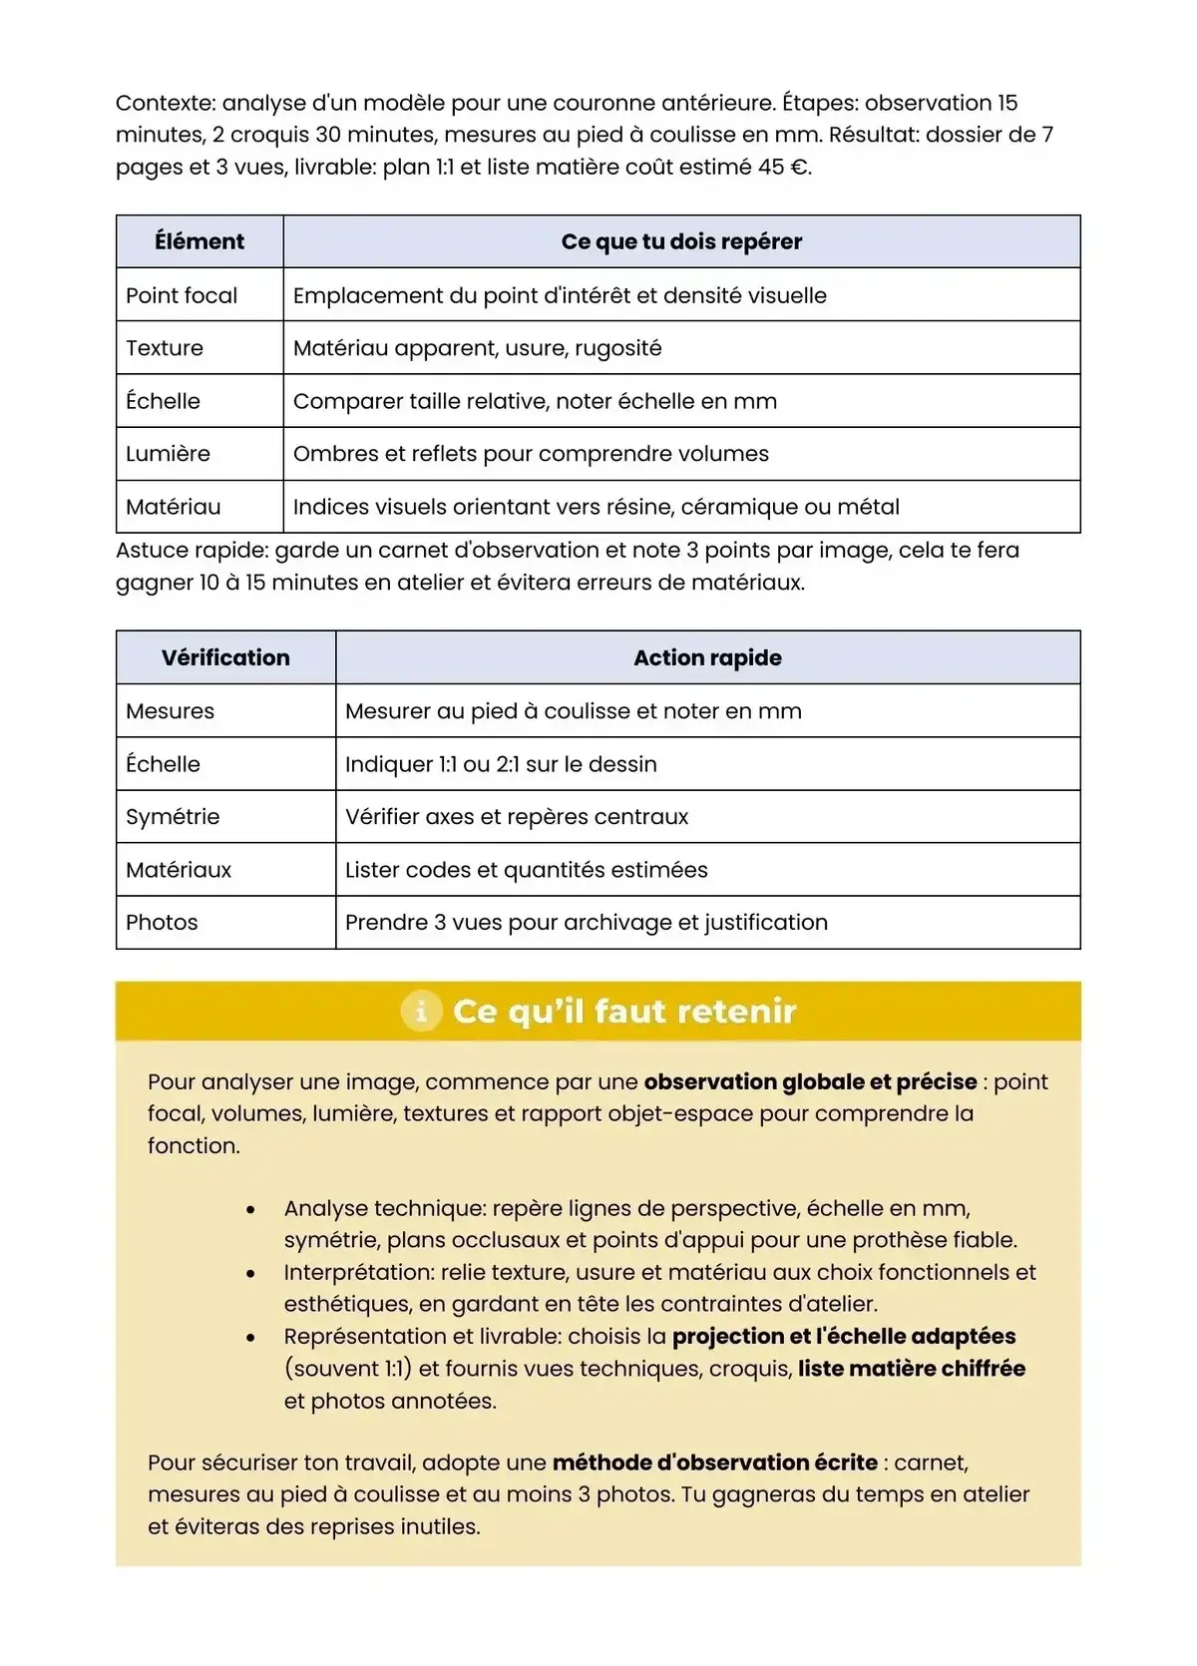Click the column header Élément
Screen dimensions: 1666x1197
pos(199,241)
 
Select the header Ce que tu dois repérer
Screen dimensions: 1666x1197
pos(681,241)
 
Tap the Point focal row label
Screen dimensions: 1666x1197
pos(182,295)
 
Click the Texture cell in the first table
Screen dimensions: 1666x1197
pos(165,348)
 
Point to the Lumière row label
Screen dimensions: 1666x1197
pos(168,454)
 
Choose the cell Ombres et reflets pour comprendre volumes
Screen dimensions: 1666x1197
pos(531,454)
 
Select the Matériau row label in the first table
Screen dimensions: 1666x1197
pos(173,507)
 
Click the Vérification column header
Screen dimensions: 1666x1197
pos(225,657)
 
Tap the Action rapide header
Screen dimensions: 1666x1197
pos(707,657)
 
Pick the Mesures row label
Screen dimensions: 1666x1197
pos(170,711)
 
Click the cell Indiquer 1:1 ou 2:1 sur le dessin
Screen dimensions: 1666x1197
pos(501,764)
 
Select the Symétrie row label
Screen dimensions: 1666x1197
pos(173,817)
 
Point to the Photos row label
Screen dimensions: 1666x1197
pos(162,923)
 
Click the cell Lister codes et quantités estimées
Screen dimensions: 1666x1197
pos(526,870)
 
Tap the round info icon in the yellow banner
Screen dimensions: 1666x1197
pos(421,1011)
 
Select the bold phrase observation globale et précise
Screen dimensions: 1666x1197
pos(810,1082)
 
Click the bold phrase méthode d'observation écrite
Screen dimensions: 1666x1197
pos(714,1462)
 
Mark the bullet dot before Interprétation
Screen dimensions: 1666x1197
pos(250,1273)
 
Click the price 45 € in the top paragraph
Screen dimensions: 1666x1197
pos(783,168)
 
